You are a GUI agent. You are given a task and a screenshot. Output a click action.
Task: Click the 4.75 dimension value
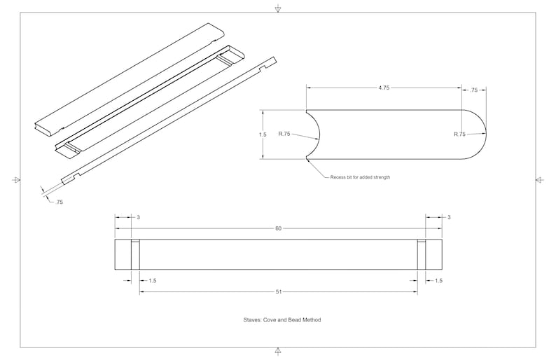[x=384, y=88]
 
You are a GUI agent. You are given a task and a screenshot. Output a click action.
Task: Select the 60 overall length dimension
[x=279, y=228]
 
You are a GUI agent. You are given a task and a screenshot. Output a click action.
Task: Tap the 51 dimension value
[x=279, y=292]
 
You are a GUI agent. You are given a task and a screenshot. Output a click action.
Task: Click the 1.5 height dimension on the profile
[x=263, y=134]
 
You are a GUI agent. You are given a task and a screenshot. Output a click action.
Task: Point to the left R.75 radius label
[x=284, y=134]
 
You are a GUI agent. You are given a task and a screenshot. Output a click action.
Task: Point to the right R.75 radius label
[x=459, y=134]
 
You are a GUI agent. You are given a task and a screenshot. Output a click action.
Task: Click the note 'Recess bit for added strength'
[x=360, y=177]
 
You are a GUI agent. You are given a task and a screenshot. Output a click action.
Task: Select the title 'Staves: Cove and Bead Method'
[x=282, y=319]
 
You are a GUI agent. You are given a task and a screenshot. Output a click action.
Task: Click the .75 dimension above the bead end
[x=474, y=90]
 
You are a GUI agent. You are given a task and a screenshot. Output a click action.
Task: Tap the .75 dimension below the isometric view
[x=59, y=202]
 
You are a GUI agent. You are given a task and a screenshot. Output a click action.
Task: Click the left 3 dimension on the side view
[x=138, y=217]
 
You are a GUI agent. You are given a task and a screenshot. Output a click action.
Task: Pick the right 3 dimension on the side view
[x=449, y=217]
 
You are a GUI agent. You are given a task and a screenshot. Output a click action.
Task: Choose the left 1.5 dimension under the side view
[x=153, y=281]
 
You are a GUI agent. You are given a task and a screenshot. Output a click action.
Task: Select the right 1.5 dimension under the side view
[x=438, y=281]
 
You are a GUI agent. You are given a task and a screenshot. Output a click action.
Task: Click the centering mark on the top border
[x=278, y=8]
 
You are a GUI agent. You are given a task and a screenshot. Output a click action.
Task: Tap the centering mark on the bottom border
[x=278, y=351]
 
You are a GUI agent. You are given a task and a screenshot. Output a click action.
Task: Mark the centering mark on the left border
[x=16, y=180]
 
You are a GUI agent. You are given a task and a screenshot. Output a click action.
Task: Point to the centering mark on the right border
[x=539, y=180]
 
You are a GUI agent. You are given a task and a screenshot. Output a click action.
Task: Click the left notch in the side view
[x=135, y=255]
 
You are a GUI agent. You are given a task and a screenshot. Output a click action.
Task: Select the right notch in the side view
[x=422, y=255]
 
